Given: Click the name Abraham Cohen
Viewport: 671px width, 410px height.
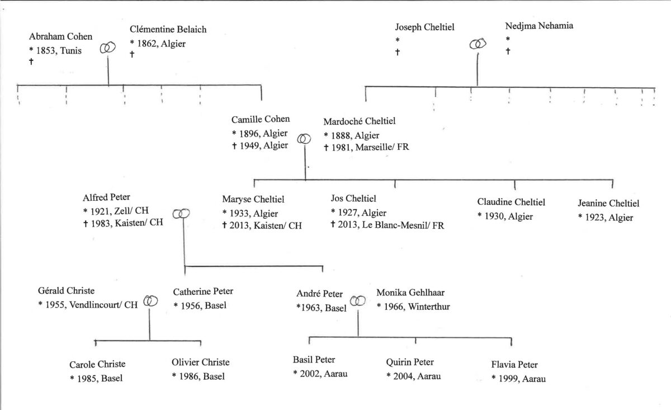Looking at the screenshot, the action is click(x=60, y=36).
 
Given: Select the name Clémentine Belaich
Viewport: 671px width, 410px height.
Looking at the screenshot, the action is click(x=168, y=30).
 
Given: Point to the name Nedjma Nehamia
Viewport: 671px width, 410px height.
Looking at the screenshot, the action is click(x=539, y=26).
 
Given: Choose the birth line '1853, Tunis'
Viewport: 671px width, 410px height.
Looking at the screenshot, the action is click(x=55, y=50).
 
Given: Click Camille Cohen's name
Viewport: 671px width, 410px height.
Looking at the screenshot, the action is click(x=261, y=119).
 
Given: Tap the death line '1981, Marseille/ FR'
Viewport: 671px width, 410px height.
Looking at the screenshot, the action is click(x=366, y=147).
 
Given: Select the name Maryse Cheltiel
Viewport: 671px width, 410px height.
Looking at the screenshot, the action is click(x=253, y=199).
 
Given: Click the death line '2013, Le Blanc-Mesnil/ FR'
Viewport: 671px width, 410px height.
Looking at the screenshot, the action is click(x=388, y=225).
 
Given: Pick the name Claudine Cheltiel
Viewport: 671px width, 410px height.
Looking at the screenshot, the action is click(x=511, y=202).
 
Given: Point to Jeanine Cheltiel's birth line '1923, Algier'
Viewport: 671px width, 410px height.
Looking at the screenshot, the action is click(x=606, y=217).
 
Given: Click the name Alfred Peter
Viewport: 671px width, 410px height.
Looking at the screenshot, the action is click(x=106, y=197).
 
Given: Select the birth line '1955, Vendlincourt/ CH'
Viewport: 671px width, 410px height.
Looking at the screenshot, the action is click(x=88, y=305).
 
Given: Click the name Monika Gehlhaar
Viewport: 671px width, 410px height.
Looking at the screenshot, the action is click(x=410, y=293).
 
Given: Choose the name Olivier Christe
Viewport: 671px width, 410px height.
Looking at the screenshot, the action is click(x=200, y=362).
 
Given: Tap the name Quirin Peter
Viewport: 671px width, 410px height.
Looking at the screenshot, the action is click(x=410, y=362).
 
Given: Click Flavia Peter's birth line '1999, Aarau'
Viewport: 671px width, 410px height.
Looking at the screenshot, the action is click(x=518, y=379).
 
